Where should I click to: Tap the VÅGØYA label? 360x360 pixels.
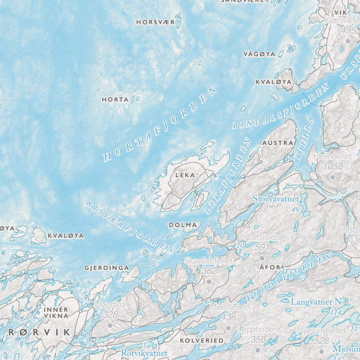coord(259,54)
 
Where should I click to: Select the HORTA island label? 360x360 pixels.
coord(115,100)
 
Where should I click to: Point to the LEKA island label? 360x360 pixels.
coord(185,175)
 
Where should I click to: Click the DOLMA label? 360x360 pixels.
coord(183,225)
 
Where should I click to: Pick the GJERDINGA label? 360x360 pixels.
coord(107,267)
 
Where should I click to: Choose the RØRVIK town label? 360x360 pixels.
coord(39,332)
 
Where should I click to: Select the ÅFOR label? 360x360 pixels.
coord(269,267)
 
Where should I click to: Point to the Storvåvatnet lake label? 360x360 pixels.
coord(276,198)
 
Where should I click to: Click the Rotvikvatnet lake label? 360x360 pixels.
coord(144,353)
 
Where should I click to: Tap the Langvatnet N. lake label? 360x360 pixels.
coord(317,302)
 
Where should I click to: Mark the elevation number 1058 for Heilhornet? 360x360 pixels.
coord(334,167)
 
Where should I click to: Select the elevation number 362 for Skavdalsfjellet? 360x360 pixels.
coord(209,271)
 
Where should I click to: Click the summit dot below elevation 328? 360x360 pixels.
coord(110,325)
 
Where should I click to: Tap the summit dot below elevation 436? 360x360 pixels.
coord(228,328)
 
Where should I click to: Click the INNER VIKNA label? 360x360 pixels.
coord(56,313)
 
